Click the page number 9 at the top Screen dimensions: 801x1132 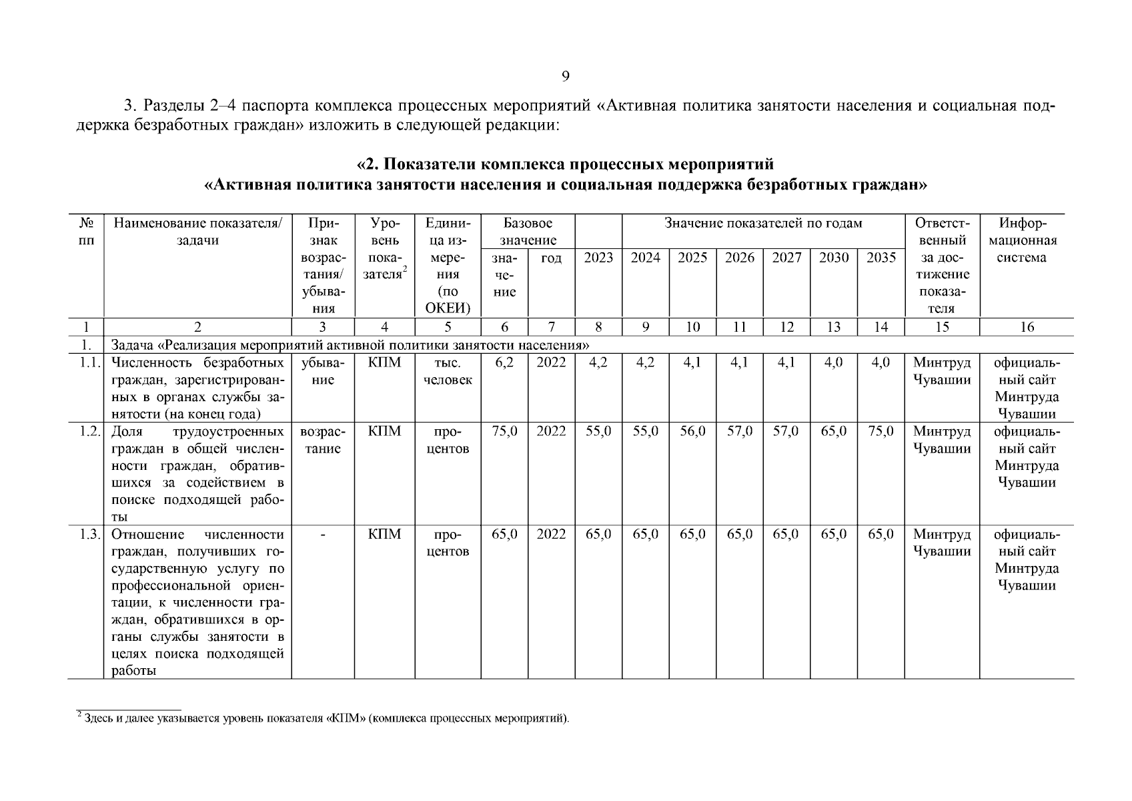click(565, 77)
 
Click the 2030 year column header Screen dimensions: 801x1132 click(834, 258)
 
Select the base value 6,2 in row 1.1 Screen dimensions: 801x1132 click(504, 362)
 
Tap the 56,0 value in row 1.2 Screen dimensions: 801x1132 click(692, 431)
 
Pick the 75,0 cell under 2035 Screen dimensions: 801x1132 click(881, 431)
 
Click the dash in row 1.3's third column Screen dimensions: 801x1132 click(323, 535)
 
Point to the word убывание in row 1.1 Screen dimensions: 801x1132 click(323, 371)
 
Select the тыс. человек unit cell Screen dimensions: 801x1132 click(448, 371)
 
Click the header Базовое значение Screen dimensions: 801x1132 click(528, 232)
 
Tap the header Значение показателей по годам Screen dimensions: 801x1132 click(763, 224)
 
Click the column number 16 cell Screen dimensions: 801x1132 click(1027, 327)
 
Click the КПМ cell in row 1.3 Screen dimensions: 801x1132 click(384, 535)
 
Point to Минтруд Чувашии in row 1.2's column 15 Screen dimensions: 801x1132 click(941, 440)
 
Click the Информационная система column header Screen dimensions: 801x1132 click(1027, 240)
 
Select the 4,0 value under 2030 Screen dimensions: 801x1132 click(834, 362)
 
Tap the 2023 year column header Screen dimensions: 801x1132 click(598, 258)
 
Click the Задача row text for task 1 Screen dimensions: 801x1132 click(350, 345)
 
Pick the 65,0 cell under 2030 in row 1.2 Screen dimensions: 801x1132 click(834, 431)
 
